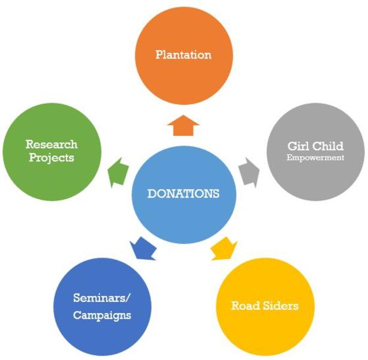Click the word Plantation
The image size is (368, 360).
click(x=183, y=55)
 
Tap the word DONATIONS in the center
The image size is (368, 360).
click(x=183, y=194)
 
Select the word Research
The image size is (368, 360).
click(x=52, y=144)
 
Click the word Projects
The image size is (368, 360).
click(x=52, y=158)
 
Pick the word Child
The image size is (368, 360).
click(x=328, y=146)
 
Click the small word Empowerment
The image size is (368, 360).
click(x=315, y=158)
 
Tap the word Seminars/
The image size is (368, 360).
click(x=101, y=298)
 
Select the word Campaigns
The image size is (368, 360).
click(x=102, y=316)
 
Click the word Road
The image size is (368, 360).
click(x=246, y=306)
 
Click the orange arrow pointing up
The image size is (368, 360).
click(x=183, y=126)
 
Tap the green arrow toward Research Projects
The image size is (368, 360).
click(x=118, y=172)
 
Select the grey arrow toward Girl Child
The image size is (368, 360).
click(x=249, y=173)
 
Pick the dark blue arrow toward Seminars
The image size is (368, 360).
click(x=143, y=248)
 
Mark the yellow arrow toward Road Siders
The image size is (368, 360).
click(x=224, y=248)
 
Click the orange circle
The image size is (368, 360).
click(x=184, y=56)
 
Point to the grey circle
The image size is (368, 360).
click(x=316, y=152)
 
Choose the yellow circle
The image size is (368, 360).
click(x=265, y=307)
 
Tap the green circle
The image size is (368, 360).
click(x=52, y=152)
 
